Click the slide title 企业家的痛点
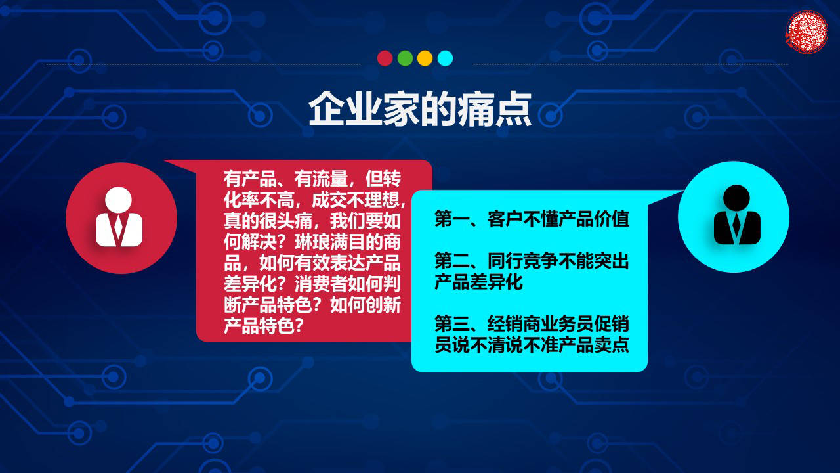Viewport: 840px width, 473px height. (x=420, y=109)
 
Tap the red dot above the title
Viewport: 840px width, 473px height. (x=385, y=58)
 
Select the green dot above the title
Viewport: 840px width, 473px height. (x=405, y=58)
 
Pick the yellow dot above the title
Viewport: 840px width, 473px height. (x=425, y=58)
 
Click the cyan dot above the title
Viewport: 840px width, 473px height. (x=445, y=58)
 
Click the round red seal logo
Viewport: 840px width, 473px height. (x=807, y=31)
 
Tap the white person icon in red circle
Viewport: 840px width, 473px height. (x=119, y=217)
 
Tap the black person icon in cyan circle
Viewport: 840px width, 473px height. (x=736, y=215)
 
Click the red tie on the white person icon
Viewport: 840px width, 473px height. (x=119, y=226)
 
